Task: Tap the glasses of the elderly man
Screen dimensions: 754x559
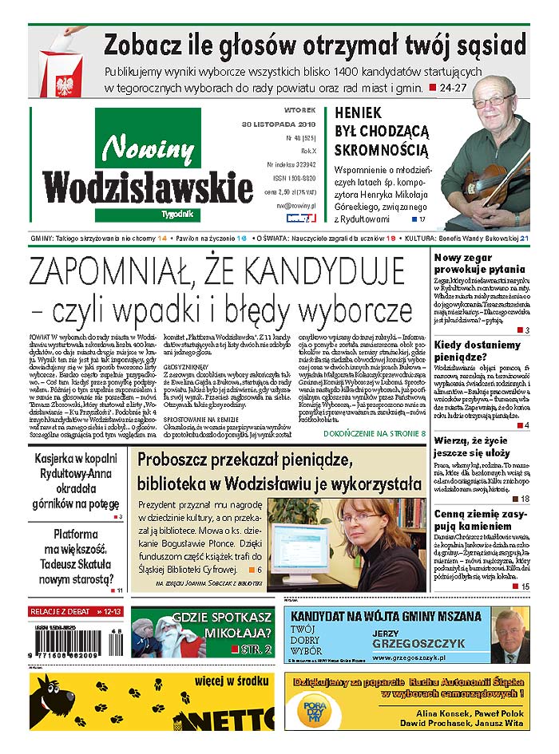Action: click(x=494, y=100)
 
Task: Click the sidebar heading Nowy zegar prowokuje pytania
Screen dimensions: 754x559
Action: click(x=479, y=263)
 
